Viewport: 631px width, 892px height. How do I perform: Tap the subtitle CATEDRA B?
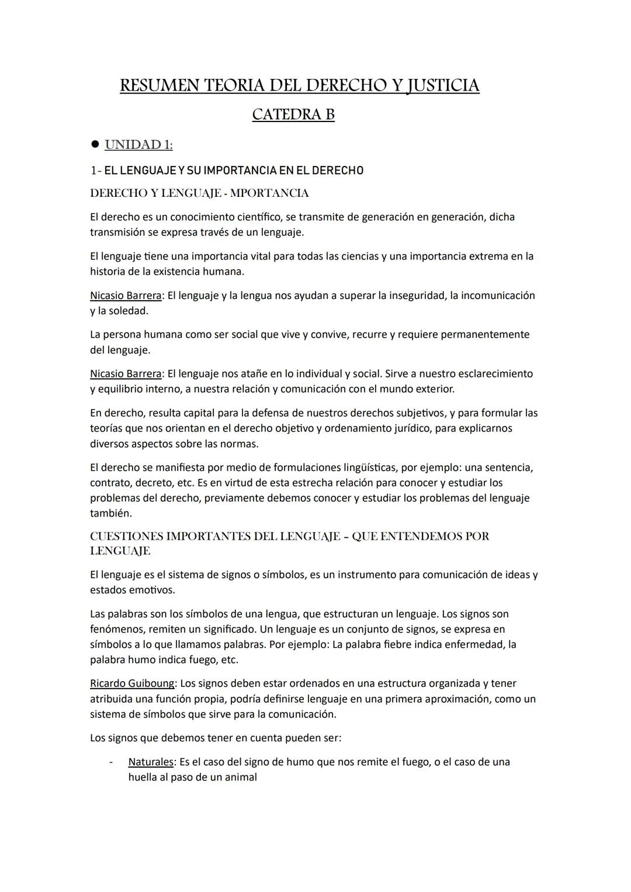click(x=293, y=114)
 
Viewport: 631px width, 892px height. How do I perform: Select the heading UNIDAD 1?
click(x=138, y=144)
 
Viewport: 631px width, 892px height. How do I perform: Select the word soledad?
click(x=128, y=311)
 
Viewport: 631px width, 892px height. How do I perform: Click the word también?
click(x=110, y=514)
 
